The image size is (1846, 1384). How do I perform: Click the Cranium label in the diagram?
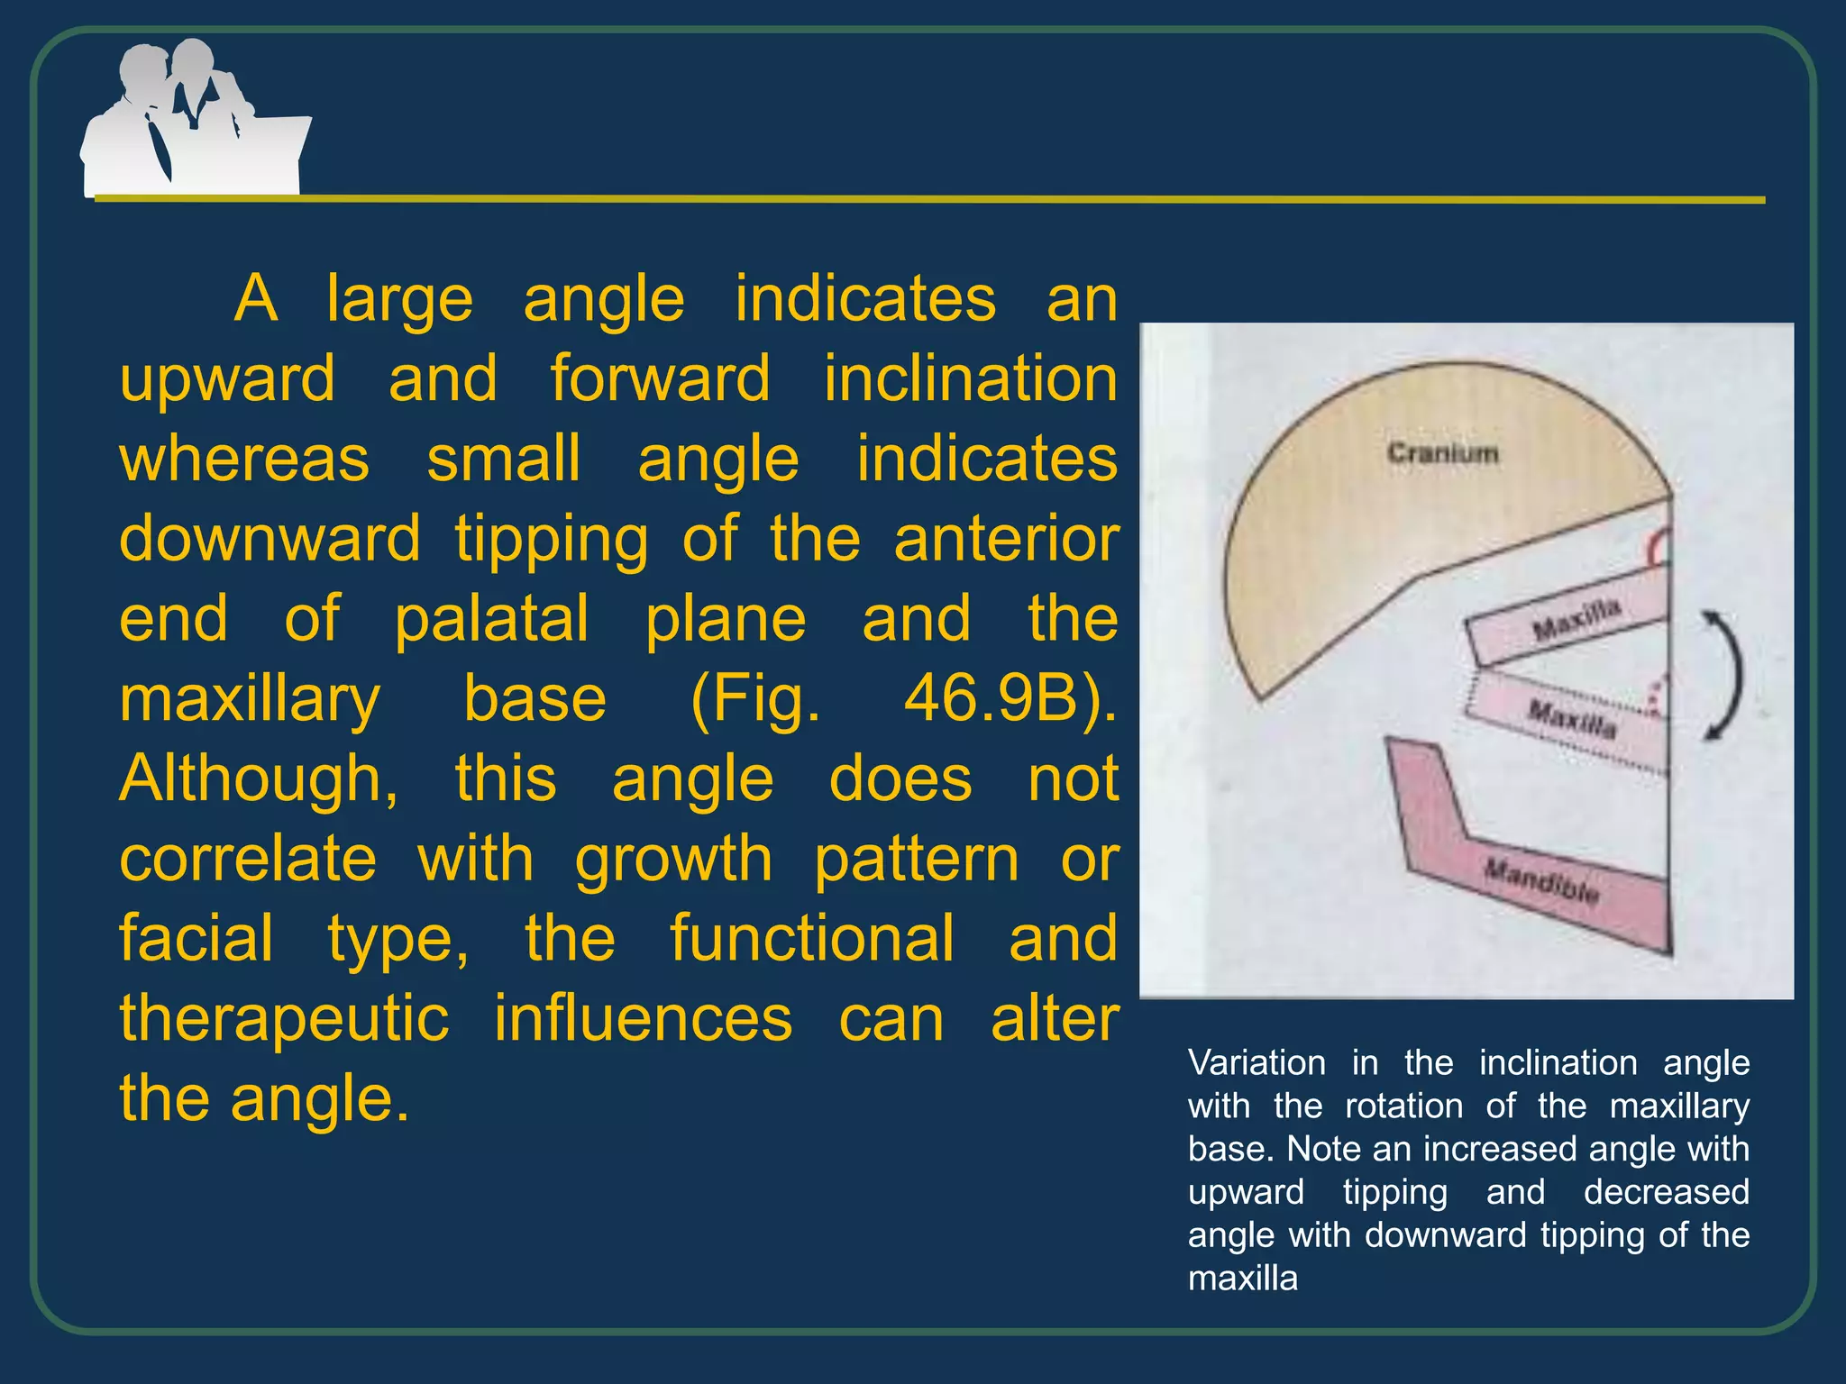(1442, 452)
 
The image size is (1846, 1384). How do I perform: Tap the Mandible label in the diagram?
(1542, 881)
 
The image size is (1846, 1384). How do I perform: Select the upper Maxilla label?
(1576, 618)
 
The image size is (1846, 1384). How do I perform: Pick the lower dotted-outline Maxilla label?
(1572, 719)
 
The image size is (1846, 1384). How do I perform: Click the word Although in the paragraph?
(258, 778)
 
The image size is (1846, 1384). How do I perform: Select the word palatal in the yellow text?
(492, 620)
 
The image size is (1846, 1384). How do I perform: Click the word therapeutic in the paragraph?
(284, 1019)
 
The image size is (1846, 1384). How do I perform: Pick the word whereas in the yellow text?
(244, 460)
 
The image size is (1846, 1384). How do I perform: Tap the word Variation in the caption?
(1257, 1063)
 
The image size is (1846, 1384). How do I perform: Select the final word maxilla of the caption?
(1243, 1279)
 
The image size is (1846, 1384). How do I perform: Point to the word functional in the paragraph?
(811, 939)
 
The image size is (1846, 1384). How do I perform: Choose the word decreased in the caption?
(1666, 1192)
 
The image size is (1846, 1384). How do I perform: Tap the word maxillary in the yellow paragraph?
(250, 700)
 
